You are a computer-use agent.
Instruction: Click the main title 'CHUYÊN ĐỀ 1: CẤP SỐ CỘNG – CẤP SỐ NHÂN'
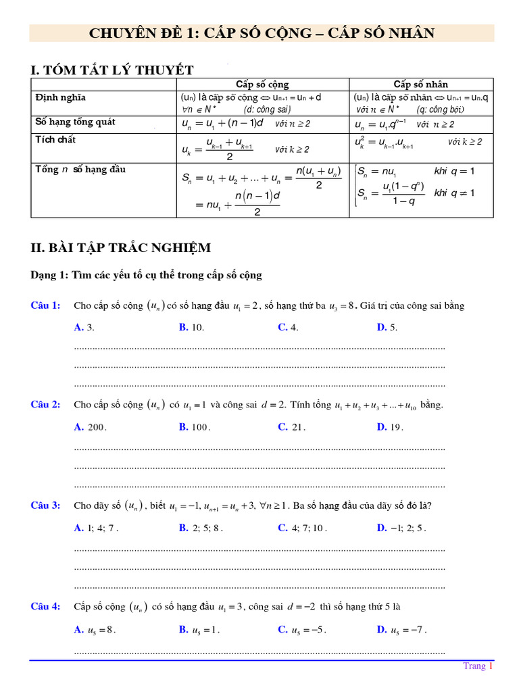pyautogui.click(x=262, y=33)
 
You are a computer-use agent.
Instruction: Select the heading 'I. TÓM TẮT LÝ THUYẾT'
pyautogui.click(x=112, y=70)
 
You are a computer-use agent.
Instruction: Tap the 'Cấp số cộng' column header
pyautogui.click(x=262, y=84)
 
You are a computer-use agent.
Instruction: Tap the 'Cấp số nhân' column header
pyautogui.click(x=421, y=84)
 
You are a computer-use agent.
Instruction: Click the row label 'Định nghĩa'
pyautogui.click(x=60, y=98)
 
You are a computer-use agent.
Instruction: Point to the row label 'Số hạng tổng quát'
pyautogui.click(x=75, y=122)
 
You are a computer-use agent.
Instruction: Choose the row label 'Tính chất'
pyautogui.click(x=55, y=140)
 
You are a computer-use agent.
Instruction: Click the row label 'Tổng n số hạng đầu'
pyautogui.click(x=80, y=170)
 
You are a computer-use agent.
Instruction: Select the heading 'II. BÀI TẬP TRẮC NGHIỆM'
pyautogui.click(x=121, y=248)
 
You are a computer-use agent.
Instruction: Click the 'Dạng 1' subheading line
pyautogui.click(x=146, y=276)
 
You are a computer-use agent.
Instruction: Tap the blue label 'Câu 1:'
pyautogui.click(x=45, y=306)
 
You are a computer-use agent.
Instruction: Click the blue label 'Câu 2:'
pyautogui.click(x=45, y=405)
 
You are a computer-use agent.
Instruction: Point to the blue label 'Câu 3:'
pyautogui.click(x=45, y=505)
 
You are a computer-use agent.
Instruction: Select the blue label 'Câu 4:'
pyautogui.click(x=45, y=606)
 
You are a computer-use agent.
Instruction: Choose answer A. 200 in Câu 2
pyautogui.click(x=91, y=427)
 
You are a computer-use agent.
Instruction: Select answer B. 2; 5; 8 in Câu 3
pyautogui.click(x=197, y=528)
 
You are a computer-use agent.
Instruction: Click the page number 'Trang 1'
pyautogui.click(x=478, y=666)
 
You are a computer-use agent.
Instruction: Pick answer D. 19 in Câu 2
pyautogui.click(x=390, y=427)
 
